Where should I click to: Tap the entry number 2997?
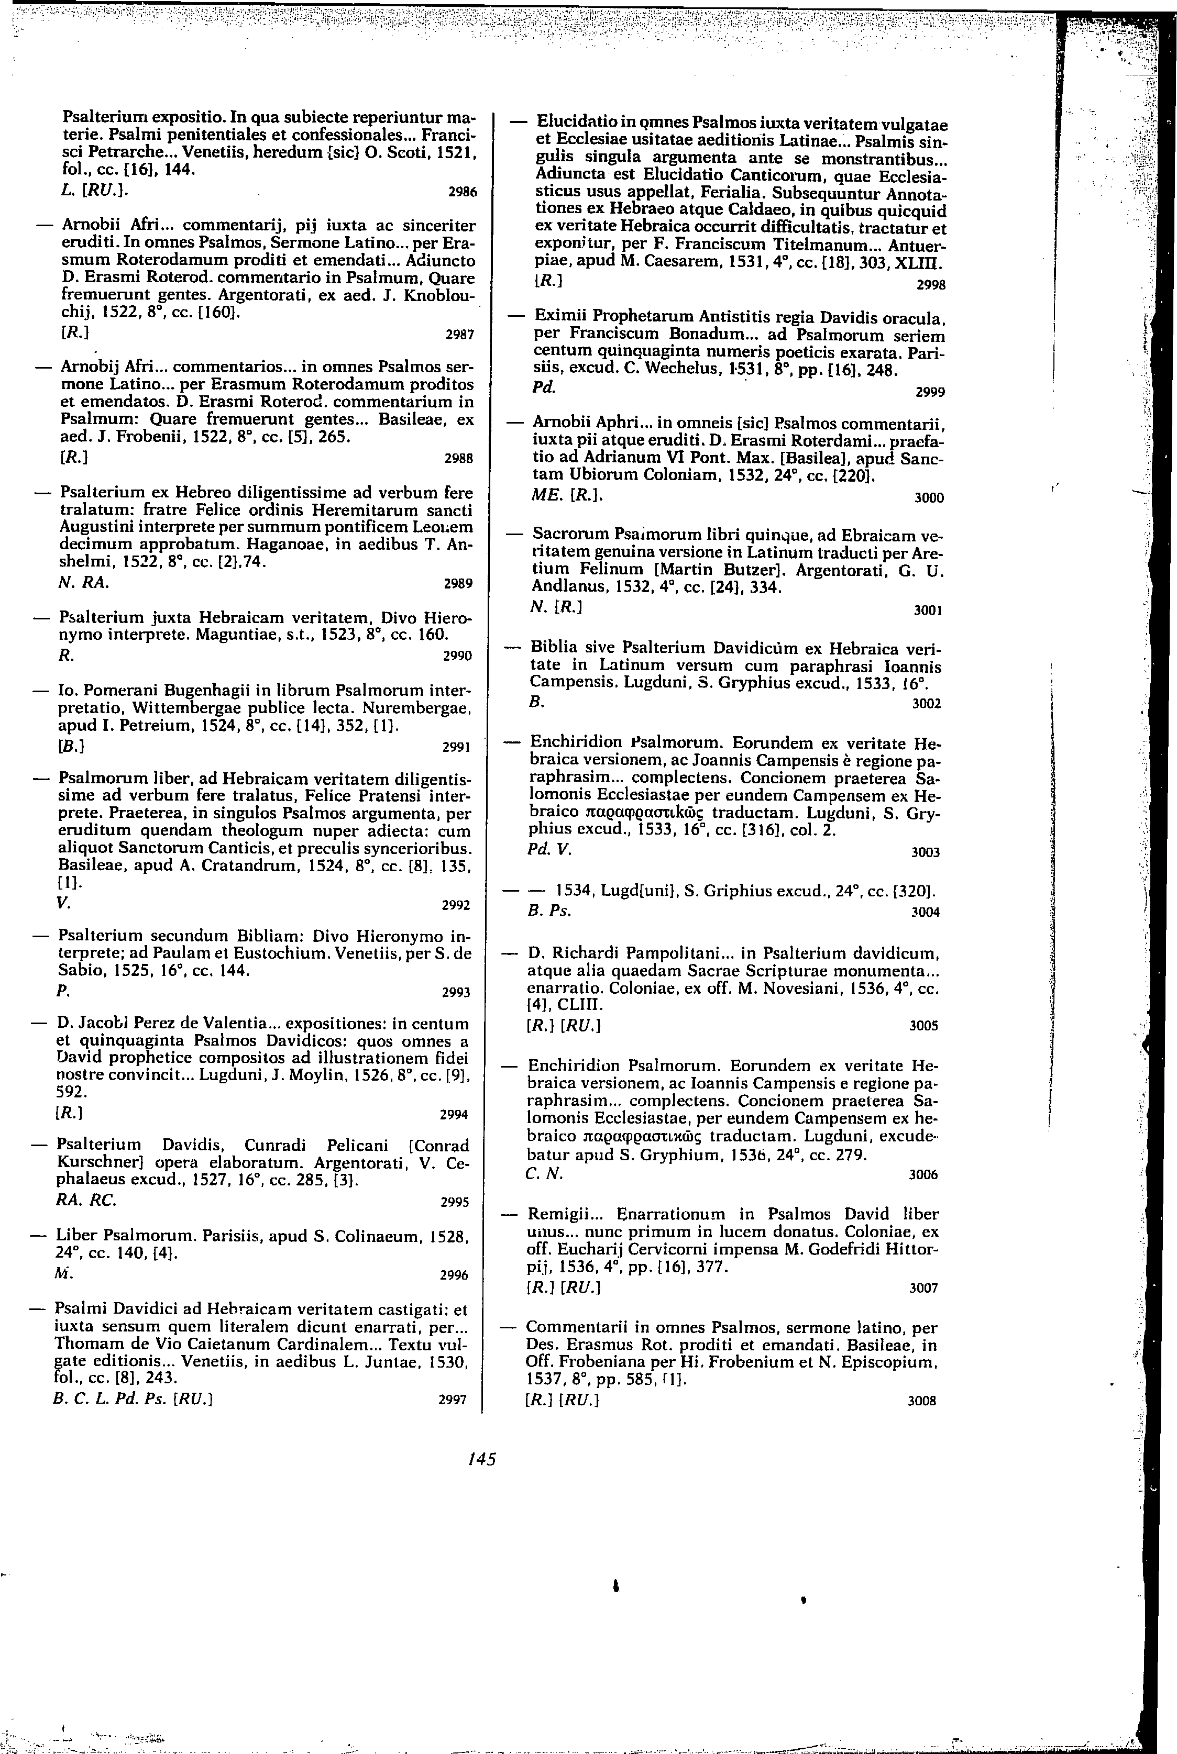(x=453, y=1399)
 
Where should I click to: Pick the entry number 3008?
(x=922, y=1401)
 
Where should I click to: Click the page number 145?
(x=481, y=1459)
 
